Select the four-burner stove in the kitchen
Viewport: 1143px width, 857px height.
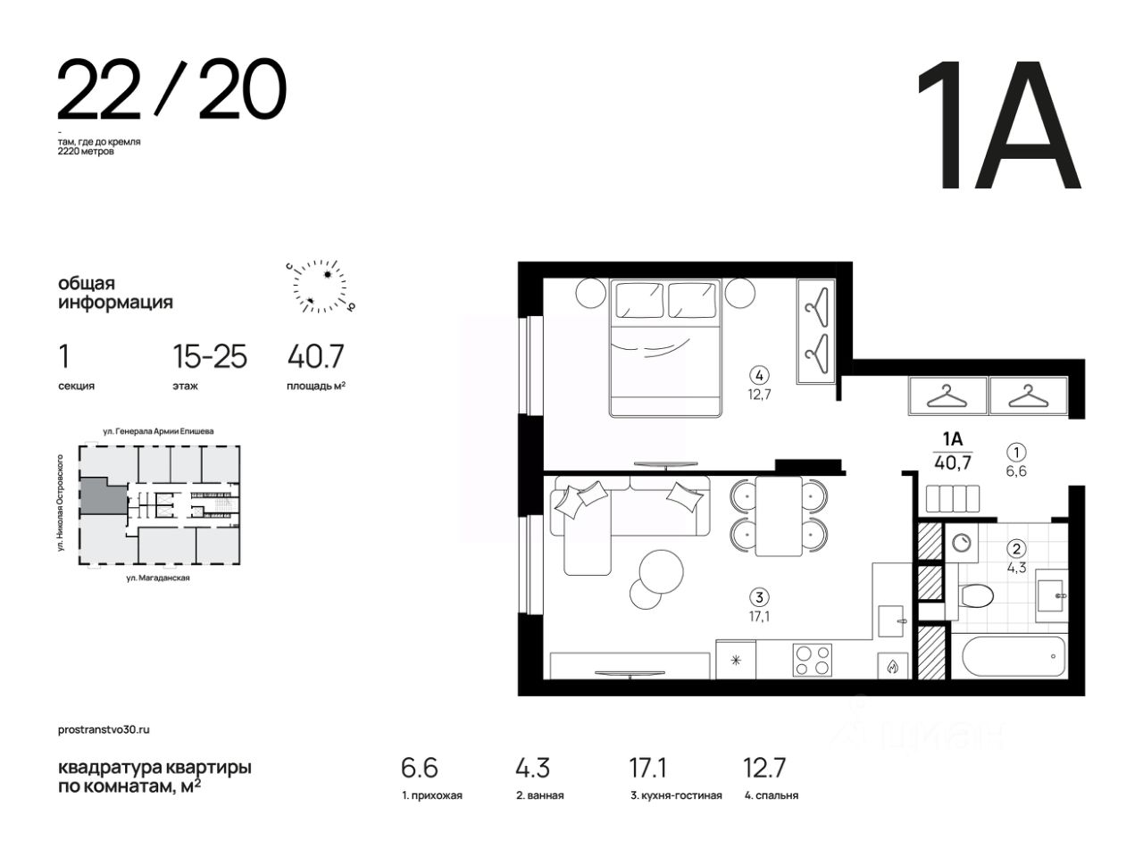(812, 660)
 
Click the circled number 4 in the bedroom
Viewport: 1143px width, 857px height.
(759, 375)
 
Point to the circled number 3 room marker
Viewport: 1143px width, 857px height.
(759, 596)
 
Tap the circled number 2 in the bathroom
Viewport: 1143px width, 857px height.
(1016, 548)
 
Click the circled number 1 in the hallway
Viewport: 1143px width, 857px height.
(1016, 451)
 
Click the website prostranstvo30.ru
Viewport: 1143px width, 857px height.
(104, 729)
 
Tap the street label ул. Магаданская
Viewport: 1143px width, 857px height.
(158, 578)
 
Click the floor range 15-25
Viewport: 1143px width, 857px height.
(210, 357)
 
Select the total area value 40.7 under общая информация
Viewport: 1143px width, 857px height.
(315, 357)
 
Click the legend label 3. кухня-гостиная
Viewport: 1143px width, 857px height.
(676, 795)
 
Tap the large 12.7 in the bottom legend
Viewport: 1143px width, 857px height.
(763, 768)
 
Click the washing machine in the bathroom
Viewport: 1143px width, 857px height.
(961, 543)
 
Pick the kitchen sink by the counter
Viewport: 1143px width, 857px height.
(891, 620)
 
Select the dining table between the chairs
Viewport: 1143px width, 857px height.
(779, 516)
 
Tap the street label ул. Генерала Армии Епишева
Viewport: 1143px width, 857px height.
(158, 431)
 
